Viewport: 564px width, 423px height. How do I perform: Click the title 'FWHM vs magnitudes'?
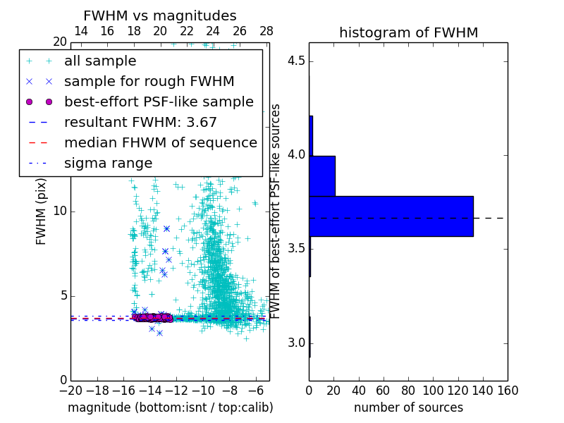(x=160, y=16)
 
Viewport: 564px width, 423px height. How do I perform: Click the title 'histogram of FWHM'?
(x=408, y=32)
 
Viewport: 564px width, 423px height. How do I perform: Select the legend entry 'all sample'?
(x=100, y=61)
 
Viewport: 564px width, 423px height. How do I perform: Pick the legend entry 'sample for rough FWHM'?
(x=149, y=82)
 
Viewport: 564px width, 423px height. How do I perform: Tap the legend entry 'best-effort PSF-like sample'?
(x=159, y=102)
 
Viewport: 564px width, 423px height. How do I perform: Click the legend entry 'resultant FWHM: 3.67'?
(x=140, y=123)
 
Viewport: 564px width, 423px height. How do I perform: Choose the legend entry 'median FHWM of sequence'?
(x=160, y=143)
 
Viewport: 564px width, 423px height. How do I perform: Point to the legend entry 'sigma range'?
(x=108, y=164)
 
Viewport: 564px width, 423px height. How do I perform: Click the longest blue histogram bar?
(x=391, y=216)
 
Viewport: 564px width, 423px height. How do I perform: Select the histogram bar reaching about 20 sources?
(x=322, y=176)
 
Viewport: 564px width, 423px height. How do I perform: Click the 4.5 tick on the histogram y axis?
(x=295, y=61)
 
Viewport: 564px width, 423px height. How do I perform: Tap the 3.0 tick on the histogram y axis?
(x=295, y=343)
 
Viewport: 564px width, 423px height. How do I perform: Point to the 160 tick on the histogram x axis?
(x=508, y=391)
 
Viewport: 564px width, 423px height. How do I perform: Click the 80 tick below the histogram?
(x=408, y=391)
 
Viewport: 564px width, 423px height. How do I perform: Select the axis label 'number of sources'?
(x=408, y=407)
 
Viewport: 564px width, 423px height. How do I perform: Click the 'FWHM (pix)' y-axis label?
(x=42, y=211)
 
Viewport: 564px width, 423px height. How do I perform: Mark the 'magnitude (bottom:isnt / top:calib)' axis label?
(x=170, y=407)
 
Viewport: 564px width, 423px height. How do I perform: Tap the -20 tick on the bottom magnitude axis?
(x=70, y=391)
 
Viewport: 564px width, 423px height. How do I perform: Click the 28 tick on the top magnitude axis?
(x=266, y=31)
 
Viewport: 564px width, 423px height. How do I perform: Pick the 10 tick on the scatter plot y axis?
(x=60, y=211)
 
